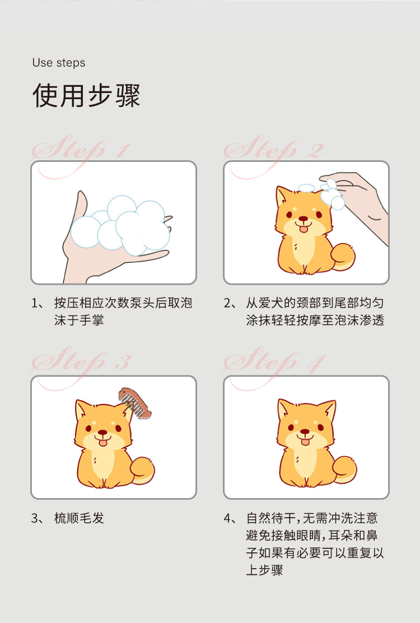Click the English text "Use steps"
click(x=59, y=63)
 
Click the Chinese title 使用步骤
click(x=86, y=95)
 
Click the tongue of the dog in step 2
click(x=303, y=227)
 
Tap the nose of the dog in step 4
click(x=304, y=432)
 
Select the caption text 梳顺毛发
click(x=80, y=518)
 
